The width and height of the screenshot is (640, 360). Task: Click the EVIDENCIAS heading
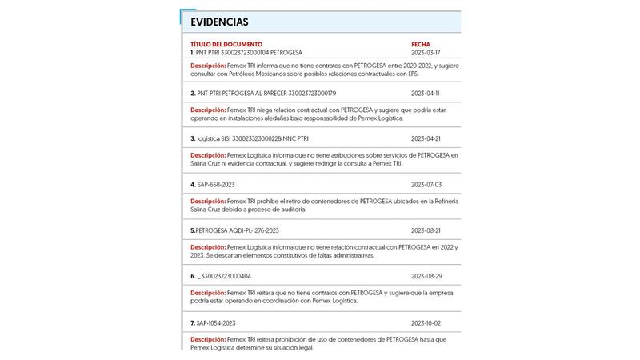pos(219,22)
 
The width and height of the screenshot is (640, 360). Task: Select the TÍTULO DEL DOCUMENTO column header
pos(226,44)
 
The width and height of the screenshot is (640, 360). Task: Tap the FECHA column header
pos(421,44)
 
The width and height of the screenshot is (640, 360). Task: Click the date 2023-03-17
pos(426,52)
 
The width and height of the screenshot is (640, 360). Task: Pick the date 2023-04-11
pos(426,93)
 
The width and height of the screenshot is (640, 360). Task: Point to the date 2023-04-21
pos(426,138)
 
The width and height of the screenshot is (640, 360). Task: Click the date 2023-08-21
pos(426,230)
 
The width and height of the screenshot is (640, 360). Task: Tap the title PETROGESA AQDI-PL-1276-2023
pos(237,230)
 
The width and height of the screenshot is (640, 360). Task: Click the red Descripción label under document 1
pos(208,65)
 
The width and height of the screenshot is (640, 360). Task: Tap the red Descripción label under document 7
pos(208,339)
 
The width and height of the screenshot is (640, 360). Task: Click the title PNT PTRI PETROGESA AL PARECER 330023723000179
pos(266,93)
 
